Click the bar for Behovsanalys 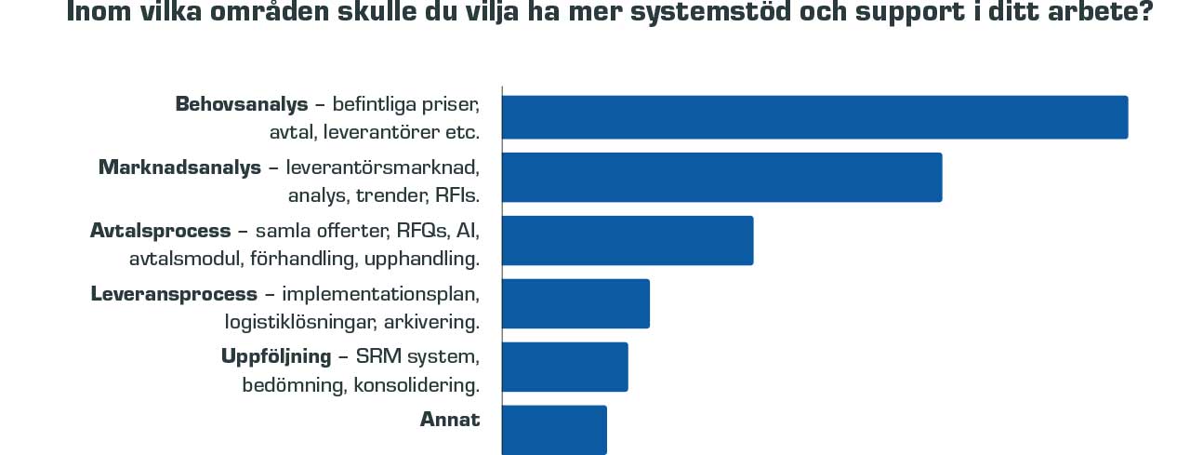coord(814,117)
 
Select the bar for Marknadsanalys coord(721,177)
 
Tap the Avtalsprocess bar coord(628,240)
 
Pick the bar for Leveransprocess coord(575,303)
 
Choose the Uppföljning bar coord(565,367)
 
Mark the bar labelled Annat coord(554,430)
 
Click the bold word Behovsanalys coord(241,104)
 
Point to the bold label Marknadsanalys coord(179,167)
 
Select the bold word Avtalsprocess coord(160,231)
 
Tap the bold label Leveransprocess coord(174,294)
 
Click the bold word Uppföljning coord(276,356)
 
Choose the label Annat coord(450,420)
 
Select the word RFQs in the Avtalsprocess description coord(421,231)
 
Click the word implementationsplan coord(380,294)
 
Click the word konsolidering coord(416,385)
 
